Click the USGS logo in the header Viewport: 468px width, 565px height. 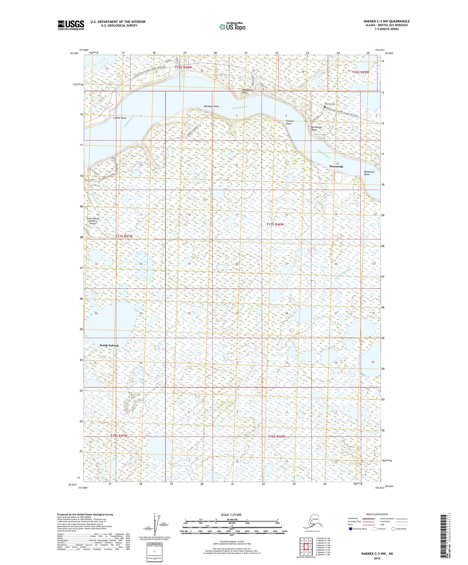tap(71, 25)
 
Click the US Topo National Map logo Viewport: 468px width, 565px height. tap(232, 27)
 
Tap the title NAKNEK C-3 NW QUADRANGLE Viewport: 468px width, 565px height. tap(386, 21)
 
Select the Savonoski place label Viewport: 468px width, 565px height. tap(337, 166)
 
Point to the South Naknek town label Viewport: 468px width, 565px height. tap(109, 345)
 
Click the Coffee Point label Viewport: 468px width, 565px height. tap(120, 118)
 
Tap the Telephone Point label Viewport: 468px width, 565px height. tap(247, 91)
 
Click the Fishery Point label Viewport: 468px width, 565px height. tap(290, 122)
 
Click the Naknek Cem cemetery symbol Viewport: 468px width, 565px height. tap(325, 106)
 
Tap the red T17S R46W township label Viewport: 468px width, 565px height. tap(275, 224)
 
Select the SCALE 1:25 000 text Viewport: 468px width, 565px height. tap(231, 515)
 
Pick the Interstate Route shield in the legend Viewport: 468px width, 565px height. tap(350, 529)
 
